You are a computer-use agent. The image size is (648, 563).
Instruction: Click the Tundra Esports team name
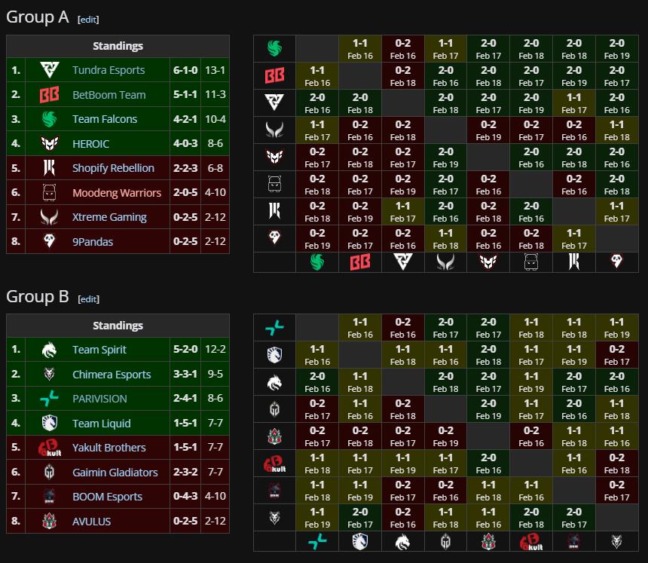tap(109, 70)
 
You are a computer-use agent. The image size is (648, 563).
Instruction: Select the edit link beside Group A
tap(88, 20)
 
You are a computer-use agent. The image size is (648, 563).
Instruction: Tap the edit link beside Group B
tap(88, 299)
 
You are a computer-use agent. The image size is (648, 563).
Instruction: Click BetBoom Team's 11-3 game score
tap(214, 95)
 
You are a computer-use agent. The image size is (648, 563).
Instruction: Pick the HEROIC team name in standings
tap(90, 144)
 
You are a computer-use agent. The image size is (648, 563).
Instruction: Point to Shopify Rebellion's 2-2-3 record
tap(184, 168)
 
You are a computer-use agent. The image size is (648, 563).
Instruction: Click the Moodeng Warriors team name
tap(117, 193)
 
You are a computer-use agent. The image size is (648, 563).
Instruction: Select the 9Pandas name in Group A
tap(93, 242)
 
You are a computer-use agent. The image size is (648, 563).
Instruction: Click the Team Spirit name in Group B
tap(99, 350)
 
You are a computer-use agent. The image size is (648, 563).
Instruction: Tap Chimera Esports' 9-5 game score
tap(214, 375)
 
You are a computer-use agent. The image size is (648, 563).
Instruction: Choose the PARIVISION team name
tap(99, 399)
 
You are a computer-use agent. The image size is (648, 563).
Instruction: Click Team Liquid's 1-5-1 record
tap(184, 424)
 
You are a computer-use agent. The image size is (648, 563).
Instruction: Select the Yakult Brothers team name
tap(109, 448)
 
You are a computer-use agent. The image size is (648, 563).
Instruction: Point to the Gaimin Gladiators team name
tap(115, 473)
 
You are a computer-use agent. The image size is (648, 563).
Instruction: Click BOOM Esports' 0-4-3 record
tap(184, 497)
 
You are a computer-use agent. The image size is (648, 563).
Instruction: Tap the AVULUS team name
tap(91, 522)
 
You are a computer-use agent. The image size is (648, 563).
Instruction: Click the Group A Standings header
tap(118, 46)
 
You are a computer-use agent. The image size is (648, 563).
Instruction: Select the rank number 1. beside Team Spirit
tap(16, 350)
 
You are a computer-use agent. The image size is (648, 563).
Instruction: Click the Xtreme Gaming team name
tap(109, 217)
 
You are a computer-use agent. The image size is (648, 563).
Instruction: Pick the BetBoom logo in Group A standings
tap(49, 95)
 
